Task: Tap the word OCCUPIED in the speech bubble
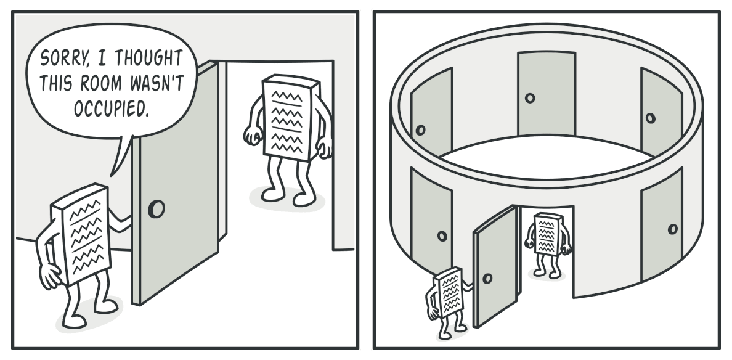click(x=111, y=108)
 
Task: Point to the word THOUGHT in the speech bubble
click(x=148, y=58)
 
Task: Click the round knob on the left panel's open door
click(x=157, y=209)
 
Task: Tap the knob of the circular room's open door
click(x=487, y=279)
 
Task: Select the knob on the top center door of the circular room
click(x=530, y=98)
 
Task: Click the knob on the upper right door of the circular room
click(x=650, y=118)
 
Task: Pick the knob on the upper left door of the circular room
click(x=420, y=130)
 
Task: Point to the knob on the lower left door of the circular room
click(x=442, y=236)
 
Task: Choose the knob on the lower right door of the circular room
click(x=673, y=229)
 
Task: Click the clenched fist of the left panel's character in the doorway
click(x=253, y=136)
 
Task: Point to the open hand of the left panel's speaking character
click(x=49, y=276)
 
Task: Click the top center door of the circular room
click(x=546, y=93)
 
